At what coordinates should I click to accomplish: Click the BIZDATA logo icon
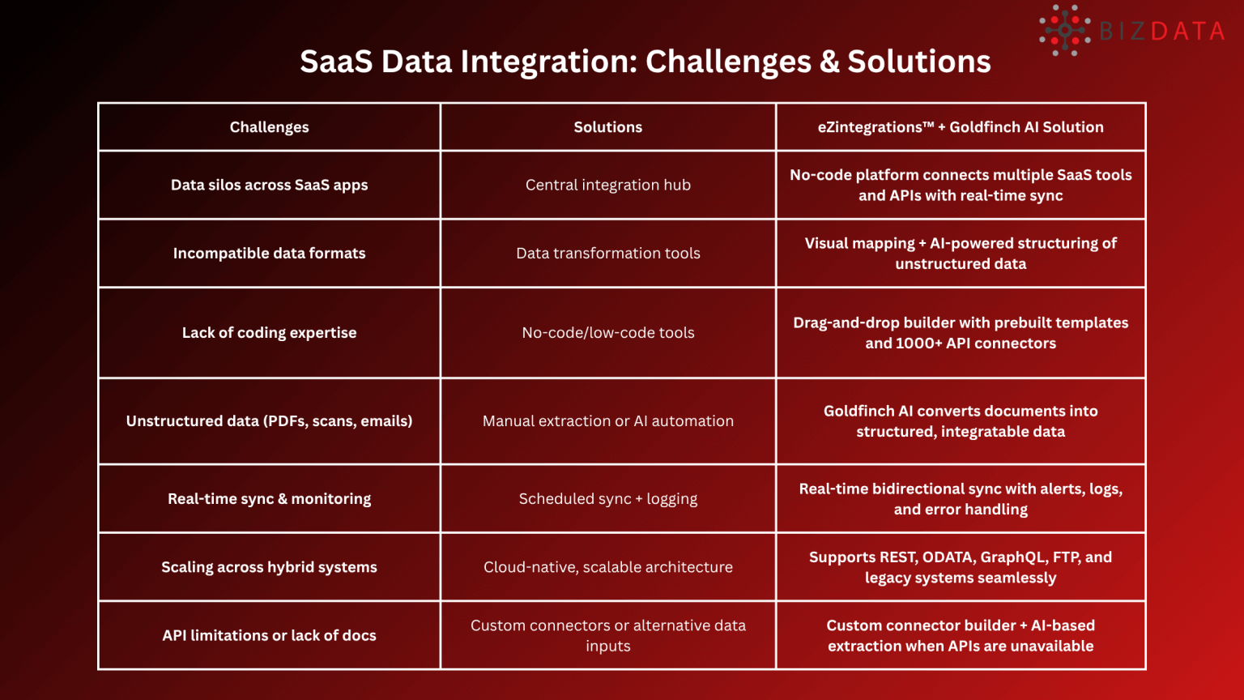point(1065,31)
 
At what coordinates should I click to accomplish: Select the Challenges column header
point(269,127)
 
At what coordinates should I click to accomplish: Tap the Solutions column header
point(607,127)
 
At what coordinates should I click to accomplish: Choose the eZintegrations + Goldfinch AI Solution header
point(961,127)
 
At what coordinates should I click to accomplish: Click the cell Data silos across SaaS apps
point(269,185)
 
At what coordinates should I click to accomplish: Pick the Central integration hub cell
point(607,185)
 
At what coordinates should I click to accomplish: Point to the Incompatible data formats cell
point(269,253)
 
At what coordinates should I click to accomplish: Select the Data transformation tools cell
point(607,253)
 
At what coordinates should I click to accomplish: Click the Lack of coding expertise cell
point(269,332)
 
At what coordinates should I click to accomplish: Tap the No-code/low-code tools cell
point(607,332)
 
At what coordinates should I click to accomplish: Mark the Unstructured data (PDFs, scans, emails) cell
point(269,420)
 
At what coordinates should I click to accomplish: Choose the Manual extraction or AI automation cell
point(607,420)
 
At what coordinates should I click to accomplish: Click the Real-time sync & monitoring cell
point(269,498)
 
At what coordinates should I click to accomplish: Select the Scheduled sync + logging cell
point(607,498)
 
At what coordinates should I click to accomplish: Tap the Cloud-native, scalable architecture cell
point(607,567)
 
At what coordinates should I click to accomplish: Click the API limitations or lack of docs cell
point(269,635)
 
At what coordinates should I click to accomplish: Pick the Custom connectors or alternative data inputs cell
point(607,635)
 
